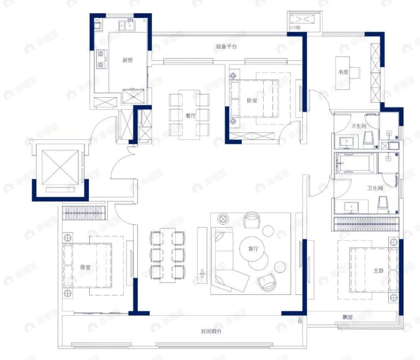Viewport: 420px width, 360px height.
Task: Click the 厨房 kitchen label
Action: (x=128, y=60)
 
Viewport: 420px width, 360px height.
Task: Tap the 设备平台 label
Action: (x=227, y=46)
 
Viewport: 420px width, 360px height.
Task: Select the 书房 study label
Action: (x=343, y=72)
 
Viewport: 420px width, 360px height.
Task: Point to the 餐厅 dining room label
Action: (x=191, y=116)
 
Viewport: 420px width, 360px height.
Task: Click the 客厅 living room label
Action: (x=254, y=249)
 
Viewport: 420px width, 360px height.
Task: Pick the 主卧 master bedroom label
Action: (x=378, y=271)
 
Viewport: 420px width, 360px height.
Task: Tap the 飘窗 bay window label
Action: (x=348, y=318)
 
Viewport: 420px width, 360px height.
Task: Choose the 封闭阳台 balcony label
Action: (x=212, y=331)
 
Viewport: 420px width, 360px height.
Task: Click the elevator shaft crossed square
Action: (x=60, y=167)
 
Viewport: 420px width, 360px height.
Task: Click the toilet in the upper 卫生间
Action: (x=368, y=140)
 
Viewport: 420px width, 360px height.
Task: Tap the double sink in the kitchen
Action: (x=127, y=26)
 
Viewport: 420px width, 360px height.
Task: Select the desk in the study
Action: (x=343, y=73)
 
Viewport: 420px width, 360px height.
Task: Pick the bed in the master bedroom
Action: (x=374, y=270)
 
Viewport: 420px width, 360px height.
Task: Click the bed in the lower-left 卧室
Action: (x=87, y=265)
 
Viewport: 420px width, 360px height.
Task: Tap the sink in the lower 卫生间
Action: (x=351, y=208)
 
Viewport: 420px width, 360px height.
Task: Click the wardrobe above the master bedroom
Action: (x=366, y=224)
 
